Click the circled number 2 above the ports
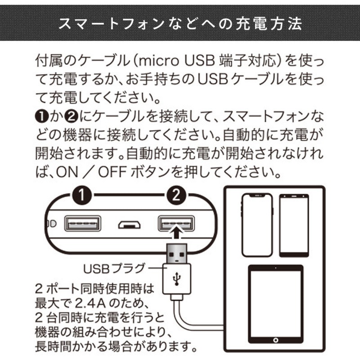coord(176,195)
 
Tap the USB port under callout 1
coord(82,223)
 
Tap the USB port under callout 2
coord(176,223)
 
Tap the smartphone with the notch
coord(257,225)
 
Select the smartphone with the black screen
coord(294,225)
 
